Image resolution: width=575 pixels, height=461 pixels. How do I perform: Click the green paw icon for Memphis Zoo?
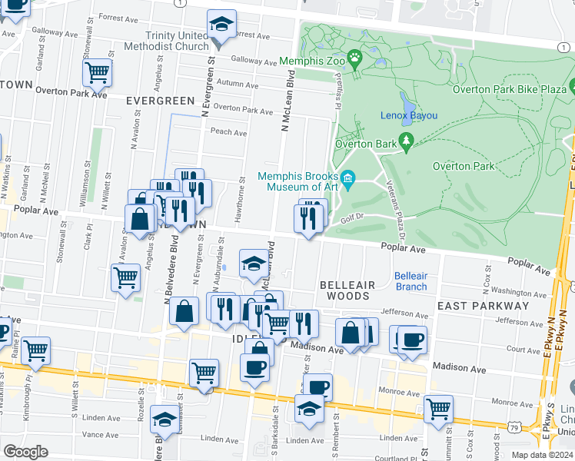click(x=354, y=59)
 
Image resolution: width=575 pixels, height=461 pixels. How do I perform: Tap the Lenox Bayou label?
click(x=408, y=116)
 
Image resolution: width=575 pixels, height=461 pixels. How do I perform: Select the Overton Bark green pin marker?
click(x=407, y=142)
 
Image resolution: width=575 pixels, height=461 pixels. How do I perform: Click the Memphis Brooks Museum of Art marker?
click(x=348, y=180)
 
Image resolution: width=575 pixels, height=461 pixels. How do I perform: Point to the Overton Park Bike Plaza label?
click(x=509, y=88)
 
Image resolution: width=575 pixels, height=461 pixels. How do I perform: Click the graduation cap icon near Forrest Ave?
click(x=221, y=25)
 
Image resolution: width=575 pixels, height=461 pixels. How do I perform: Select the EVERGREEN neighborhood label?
click(x=161, y=101)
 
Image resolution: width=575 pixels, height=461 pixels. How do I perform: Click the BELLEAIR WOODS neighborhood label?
click(x=347, y=290)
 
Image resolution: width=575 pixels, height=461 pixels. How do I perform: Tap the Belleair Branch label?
click(x=410, y=281)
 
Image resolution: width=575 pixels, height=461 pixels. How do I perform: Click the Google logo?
click(x=25, y=452)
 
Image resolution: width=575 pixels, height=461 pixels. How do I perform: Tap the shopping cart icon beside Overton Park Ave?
click(x=97, y=73)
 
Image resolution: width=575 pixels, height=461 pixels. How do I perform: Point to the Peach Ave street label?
click(x=228, y=132)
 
